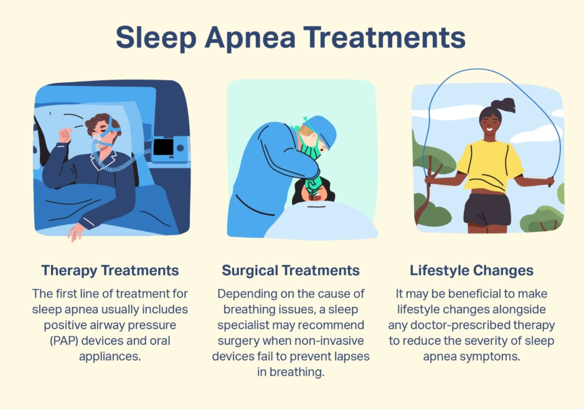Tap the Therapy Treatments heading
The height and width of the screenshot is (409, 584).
point(110,270)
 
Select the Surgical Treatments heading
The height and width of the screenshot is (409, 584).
point(291,270)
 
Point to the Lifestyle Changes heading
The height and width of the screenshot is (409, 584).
point(471,270)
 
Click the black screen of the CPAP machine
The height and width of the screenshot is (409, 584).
point(163,147)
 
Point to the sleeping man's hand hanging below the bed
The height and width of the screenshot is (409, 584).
point(76,232)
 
